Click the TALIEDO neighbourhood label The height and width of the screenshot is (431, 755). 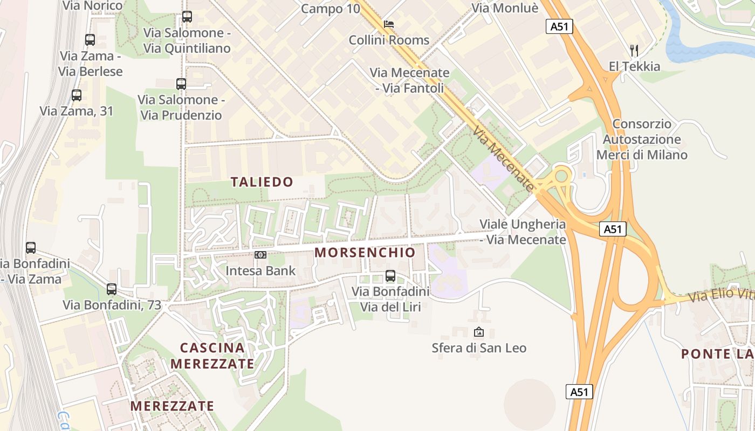click(x=262, y=182)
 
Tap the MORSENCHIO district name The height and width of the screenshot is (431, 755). click(x=365, y=252)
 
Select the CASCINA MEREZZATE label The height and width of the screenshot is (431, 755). click(x=212, y=356)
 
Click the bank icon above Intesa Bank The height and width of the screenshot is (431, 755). click(x=260, y=254)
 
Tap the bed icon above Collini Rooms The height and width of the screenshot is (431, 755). click(x=389, y=24)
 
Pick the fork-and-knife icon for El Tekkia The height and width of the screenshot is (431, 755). click(x=634, y=51)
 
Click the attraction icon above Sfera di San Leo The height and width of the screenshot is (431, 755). click(x=478, y=332)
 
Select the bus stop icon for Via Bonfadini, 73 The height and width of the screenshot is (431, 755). click(x=112, y=289)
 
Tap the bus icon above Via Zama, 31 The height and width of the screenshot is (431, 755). click(x=77, y=95)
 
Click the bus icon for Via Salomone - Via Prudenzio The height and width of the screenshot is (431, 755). click(x=181, y=84)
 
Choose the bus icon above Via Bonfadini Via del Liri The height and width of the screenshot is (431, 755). click(x=390, y=276)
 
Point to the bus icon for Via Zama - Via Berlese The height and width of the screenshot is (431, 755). click(x=90, y=40)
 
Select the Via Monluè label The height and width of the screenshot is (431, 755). click(x=505, y=8)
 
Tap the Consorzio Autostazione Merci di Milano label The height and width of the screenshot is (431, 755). click(x=642, y=140)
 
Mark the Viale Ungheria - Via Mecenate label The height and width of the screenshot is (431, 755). click(x=523, y=232)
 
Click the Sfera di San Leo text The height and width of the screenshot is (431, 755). click(x=479, y=348)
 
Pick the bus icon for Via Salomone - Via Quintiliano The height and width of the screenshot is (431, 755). click(x=187, y=17)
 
